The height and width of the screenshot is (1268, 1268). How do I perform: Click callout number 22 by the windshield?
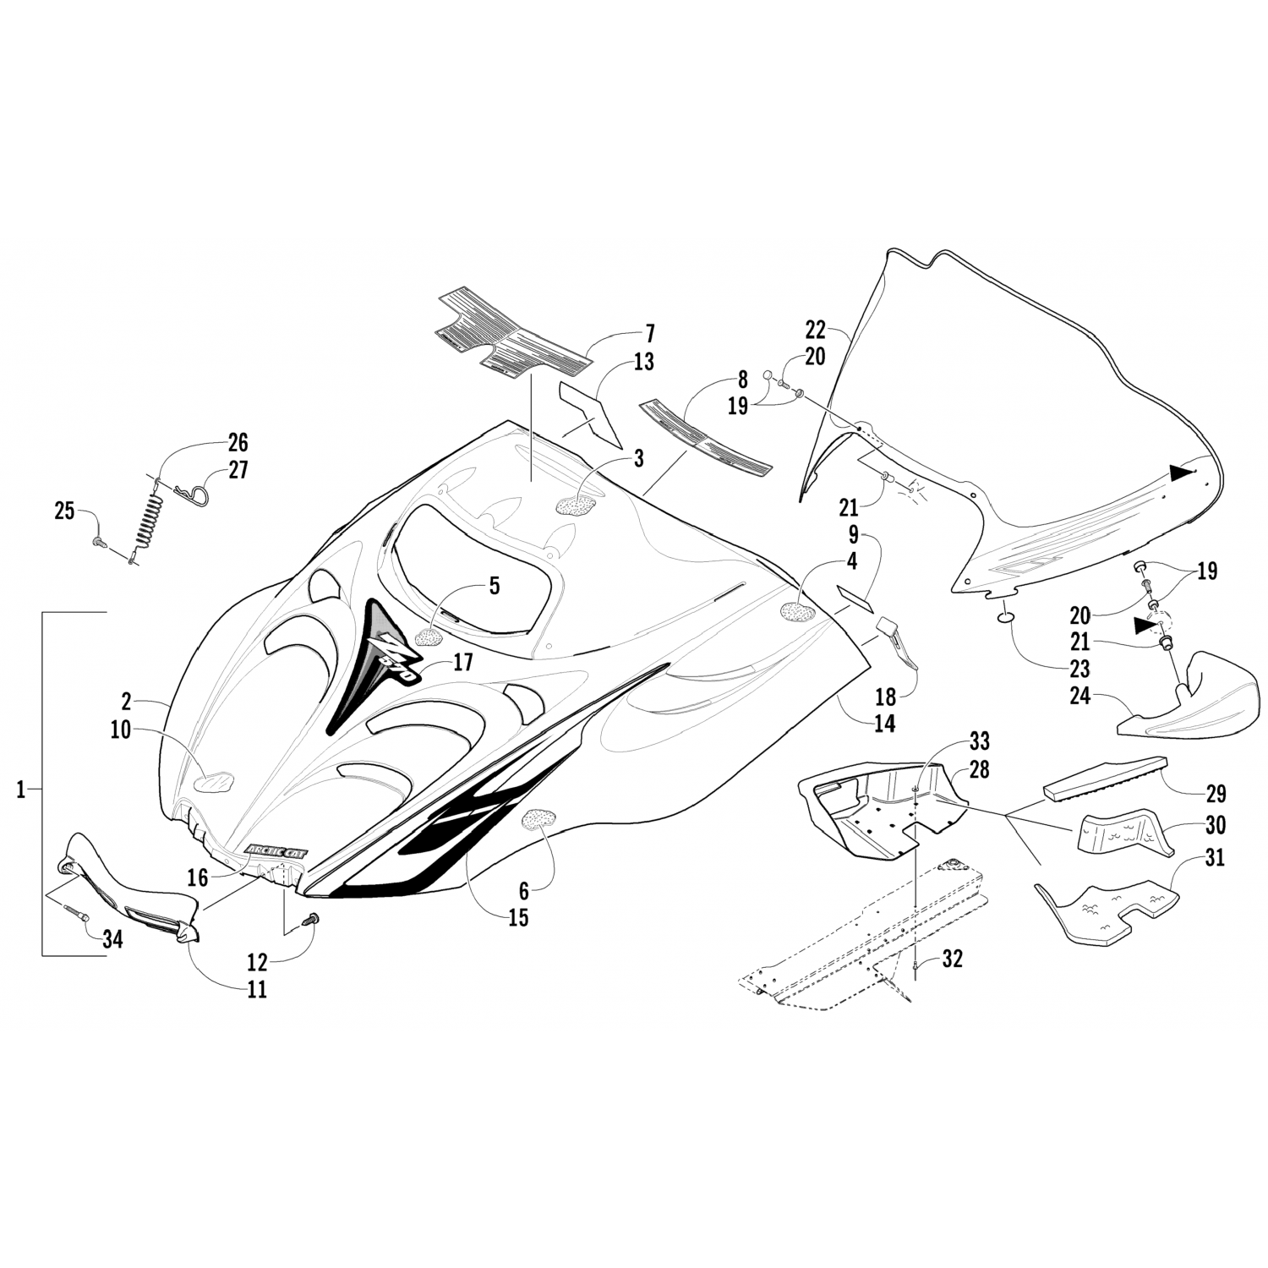[x=815, y=330]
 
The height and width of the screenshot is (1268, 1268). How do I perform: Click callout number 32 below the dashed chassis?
[x=952, y=959]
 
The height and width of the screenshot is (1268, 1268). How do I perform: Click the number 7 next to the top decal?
[x=649, y=333]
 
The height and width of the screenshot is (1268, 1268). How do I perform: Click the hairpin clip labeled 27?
[x=190, y=489]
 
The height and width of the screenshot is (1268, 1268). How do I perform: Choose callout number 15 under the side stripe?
[x=518, y=917]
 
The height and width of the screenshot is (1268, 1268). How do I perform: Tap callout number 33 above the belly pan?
[x=979, y=741]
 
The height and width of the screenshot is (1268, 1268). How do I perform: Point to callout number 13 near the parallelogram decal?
[x=643, y=363]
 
